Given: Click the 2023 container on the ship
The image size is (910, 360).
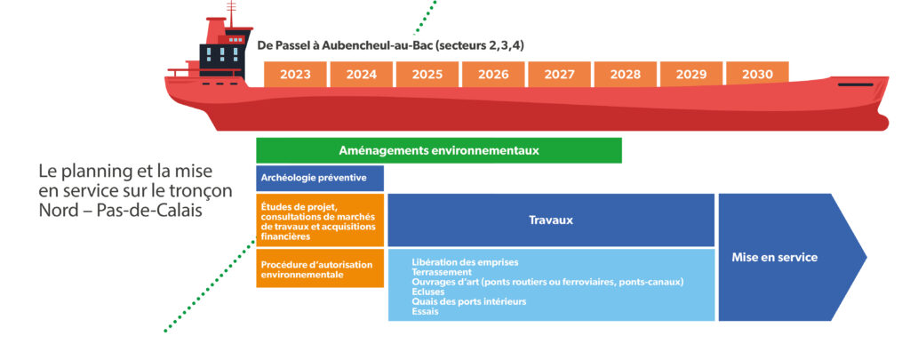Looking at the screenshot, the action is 295,75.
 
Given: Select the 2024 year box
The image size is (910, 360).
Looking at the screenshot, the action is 362,75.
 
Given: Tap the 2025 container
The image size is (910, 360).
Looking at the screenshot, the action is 427,75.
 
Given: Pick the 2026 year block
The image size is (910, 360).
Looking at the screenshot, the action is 493,75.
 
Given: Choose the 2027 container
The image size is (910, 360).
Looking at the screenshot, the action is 560,75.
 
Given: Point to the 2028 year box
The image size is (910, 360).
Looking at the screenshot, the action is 626,75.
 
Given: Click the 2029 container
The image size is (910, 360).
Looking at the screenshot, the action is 691,75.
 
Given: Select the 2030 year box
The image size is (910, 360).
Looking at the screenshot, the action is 757,75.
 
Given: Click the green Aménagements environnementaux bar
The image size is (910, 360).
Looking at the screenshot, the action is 439,150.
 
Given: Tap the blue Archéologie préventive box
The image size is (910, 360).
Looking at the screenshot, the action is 320,179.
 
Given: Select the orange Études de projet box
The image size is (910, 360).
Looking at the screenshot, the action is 320,220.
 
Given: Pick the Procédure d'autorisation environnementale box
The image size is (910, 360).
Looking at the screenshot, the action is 320,268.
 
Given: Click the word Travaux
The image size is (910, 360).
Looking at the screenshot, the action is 551,220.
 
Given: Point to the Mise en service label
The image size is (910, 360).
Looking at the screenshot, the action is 774,257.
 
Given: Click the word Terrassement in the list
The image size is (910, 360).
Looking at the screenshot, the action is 442,272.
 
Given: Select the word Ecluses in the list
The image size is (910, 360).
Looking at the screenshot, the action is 428,292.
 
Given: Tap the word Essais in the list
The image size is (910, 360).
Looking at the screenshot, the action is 425,311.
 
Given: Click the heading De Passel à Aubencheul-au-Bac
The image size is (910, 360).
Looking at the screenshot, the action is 351,46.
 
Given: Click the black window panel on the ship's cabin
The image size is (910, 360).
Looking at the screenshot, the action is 221,55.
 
